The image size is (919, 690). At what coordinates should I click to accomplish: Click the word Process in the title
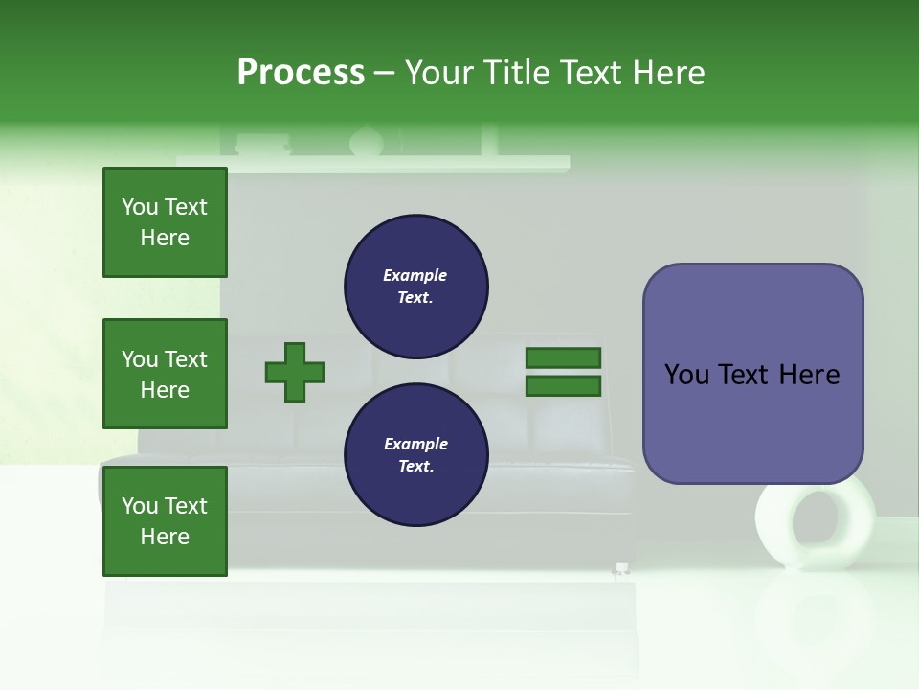[x=301, y=73]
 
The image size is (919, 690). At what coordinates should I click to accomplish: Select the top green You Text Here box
[x=165, y=222]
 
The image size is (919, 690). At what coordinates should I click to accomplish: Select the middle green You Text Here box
[x=165, y=374]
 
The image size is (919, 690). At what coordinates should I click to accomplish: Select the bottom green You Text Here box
[x=165, y=521]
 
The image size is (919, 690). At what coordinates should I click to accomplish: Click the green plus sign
[x=295, y=372]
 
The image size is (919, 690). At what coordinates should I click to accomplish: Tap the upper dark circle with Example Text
[x=415, y=286]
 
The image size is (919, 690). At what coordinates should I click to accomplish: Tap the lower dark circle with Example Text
[x=415, y=454]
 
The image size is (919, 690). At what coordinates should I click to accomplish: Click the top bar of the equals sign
[x=563, y=357]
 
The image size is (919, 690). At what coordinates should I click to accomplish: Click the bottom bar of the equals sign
[x=563, y=386]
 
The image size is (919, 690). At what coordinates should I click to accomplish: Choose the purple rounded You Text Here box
[x=752, y=374]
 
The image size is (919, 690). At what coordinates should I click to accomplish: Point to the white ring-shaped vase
[x=815, y=527]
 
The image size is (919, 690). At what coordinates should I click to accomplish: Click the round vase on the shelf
[x=365, y=142]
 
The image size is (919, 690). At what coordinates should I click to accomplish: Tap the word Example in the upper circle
[x=415, y=275]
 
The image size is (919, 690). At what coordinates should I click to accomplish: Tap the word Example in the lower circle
[x=415, y=444]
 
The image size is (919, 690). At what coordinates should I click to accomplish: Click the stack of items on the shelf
[x=262, y=145]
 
